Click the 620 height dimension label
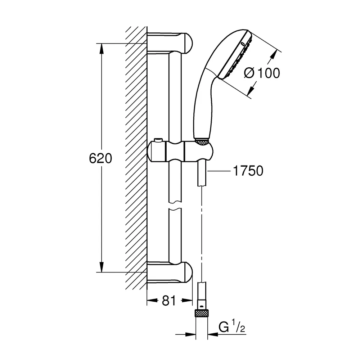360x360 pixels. pyautogui.click(x=100, y=158)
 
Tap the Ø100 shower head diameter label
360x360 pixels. pyautogui.click(x=262, y=73)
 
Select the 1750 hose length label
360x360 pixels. pyautogui.click(x=248, y=171)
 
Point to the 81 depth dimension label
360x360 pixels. pyautogui.click(x=169, y=300)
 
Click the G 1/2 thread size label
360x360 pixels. pyautogui.click(x=232, y=327)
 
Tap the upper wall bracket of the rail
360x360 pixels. pyautogui.click(x=170, y=44)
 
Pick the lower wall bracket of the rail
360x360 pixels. pyautogui.click(x=170, y=272)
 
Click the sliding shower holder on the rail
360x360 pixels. pyautogui.click(x=180, y=152)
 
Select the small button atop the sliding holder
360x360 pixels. pyautogui.click(x=158, y=140)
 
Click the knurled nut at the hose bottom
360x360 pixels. pyautogui.click(x=202, y=313)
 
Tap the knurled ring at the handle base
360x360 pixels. pyautogui.click(x=202, y=141)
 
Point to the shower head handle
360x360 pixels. pyautogui.click(x=204, y=103)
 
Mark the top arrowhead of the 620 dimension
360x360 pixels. pyautogui.click(x=102, y=49)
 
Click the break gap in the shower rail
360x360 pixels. pyautogui.click(x=175, y=206)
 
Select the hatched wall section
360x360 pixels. pyautogui.click(x=136, y=158)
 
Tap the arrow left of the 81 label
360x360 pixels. pyautogui.click(x=153, y=300)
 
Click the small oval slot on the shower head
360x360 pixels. pyautogui.click(x=242, y=44)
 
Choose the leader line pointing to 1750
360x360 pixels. pyautogui.click(x=219, y=171)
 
